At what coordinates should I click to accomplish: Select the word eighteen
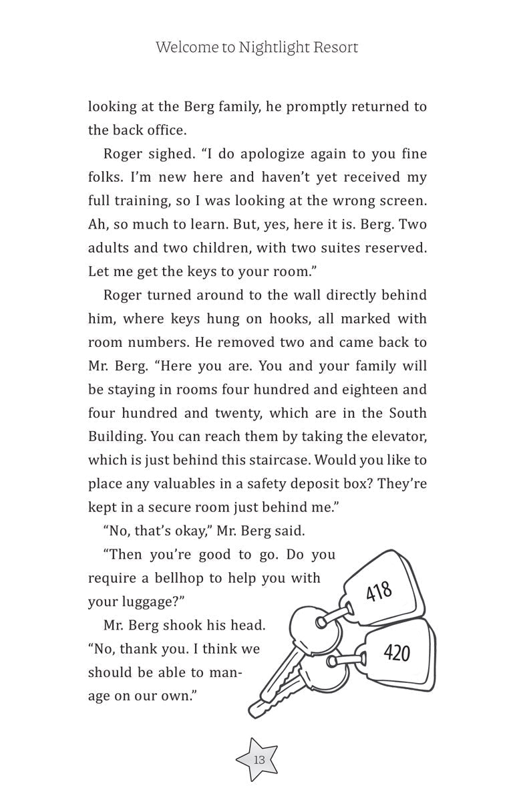click(355, 390)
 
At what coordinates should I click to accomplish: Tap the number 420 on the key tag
click(397, 652)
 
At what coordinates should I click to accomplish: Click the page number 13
click(259, 760)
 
